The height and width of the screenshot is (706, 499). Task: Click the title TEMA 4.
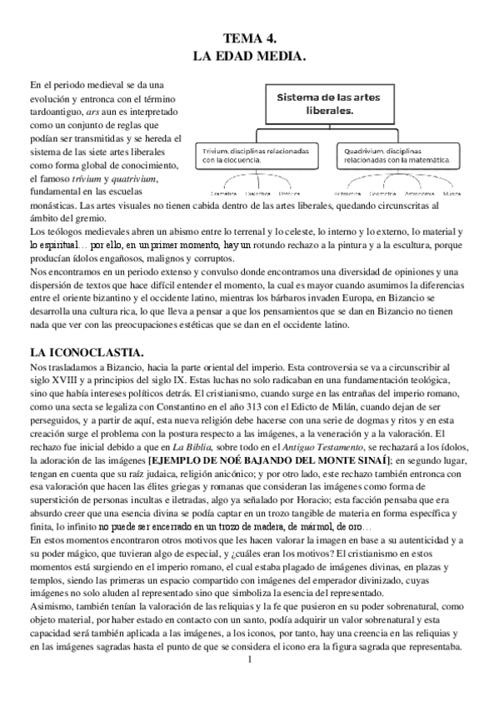tap(249, 38)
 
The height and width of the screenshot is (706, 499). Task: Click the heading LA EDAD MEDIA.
tap(249, 56)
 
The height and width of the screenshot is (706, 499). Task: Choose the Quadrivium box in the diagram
tap(399, 155)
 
